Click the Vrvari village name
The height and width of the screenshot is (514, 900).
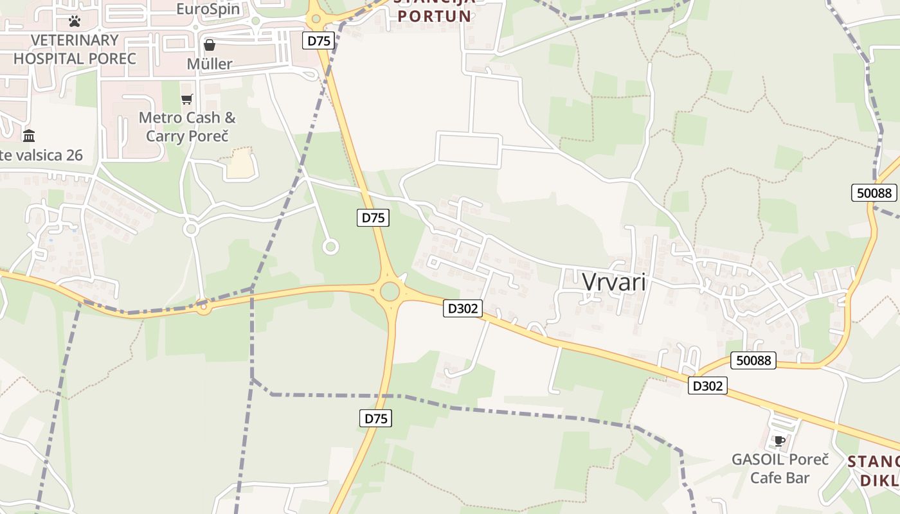click(613, 283)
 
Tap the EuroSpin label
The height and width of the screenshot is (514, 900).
click(208, 9)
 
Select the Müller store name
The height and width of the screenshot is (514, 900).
click(210, 64)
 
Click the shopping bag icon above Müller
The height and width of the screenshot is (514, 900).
click(210, 45)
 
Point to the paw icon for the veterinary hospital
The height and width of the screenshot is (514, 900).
click(75, 21)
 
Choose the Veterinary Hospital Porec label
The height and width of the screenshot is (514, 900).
click(75, 49)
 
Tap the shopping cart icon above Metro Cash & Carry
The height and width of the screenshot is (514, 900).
click(187, 99)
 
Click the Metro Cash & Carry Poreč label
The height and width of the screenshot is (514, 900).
click(187, 127)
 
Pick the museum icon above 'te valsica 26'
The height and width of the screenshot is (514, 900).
click(29, 136)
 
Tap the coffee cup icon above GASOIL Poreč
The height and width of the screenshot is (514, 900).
click(780, 441)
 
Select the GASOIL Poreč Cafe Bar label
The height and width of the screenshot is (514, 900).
click(780, 469)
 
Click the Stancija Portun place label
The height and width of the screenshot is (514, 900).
click(434, 13)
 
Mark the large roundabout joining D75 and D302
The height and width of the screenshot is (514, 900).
click(390, 291)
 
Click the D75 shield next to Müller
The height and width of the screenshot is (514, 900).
click(318, 40)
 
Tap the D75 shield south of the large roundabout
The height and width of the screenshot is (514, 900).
click(375, 418)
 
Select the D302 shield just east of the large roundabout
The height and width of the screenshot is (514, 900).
click(462, 308)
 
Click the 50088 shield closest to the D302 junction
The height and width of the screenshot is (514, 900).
click(753, 360)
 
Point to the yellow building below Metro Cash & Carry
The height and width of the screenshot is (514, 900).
click(240, 164)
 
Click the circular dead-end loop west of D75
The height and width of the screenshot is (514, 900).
click(330, 247)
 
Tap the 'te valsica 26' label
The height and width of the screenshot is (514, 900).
click(41, 155)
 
